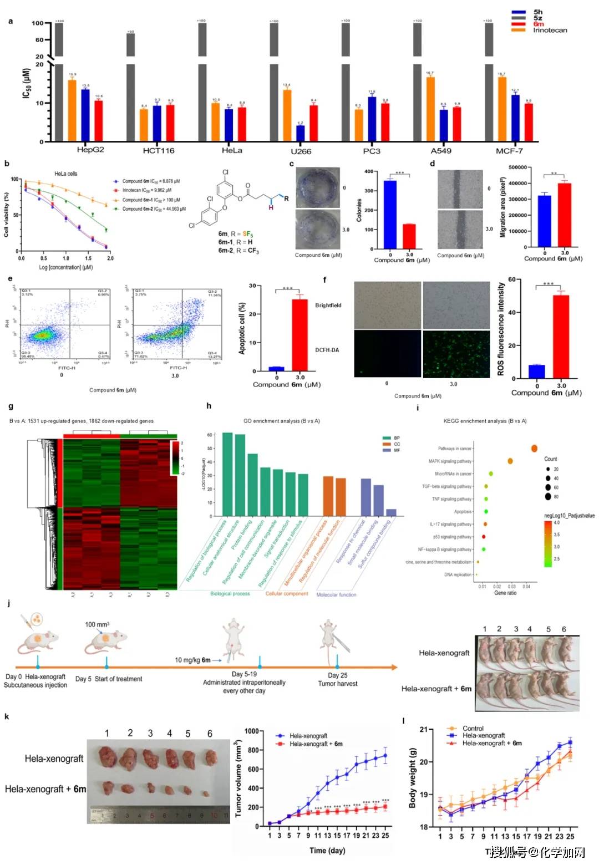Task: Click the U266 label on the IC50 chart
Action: (301, 151)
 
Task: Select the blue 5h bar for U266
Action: (300, 134)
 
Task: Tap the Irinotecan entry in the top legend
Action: (550, 30)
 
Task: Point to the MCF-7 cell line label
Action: (509, 151)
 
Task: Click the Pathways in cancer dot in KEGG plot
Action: (534, 449)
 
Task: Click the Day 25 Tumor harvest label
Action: (337, 679)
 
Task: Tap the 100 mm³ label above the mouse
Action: (97, 624)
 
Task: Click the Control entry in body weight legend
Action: (473, 729)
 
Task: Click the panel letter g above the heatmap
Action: (11, 406)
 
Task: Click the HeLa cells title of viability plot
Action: (65, 174)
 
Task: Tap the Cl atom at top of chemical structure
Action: (225, 172)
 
